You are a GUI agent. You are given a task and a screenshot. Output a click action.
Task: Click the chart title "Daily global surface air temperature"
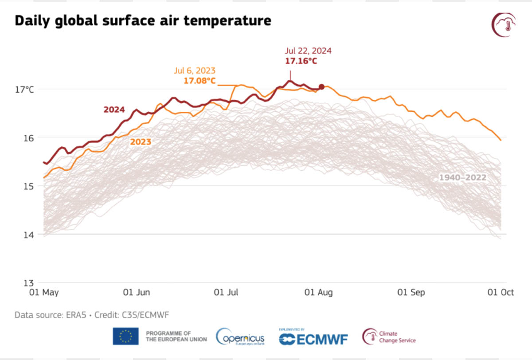coord(143,20)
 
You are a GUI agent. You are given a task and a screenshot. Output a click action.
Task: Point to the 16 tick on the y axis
coord(28,138)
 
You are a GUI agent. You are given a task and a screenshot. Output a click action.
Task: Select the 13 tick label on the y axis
coord(28,283)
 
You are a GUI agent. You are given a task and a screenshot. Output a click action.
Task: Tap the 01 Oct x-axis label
coord(501,293)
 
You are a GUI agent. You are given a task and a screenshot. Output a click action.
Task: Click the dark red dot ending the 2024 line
coord(321,87)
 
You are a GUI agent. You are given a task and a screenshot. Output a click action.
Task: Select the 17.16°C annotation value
coord(301,61)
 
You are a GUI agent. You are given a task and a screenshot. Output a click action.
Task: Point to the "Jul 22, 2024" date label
coord(308,51)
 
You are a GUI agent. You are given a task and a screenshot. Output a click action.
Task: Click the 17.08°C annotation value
coord(199,81)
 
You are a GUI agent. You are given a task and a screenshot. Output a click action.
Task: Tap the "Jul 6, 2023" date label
coord(195,71)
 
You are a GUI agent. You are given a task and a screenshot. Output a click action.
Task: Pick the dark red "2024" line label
coord(114,110)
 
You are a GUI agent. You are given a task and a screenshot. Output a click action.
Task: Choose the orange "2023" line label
coord(140,142)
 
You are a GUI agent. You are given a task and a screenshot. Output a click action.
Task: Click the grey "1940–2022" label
coord(462,178)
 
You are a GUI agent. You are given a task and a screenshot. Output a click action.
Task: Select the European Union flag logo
coord(125,336)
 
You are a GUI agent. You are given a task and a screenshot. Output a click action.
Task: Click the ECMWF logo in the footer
coord(313,338)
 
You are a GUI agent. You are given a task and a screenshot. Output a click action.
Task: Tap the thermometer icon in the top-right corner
coord(504,25)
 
